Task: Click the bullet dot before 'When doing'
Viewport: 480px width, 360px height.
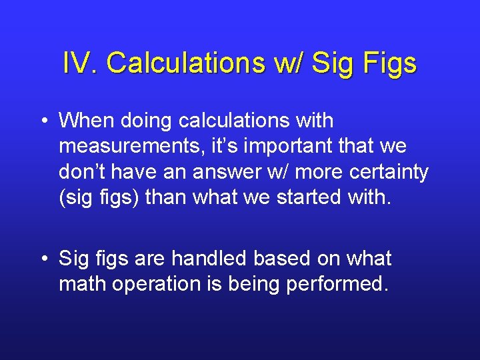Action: [x=44, y=122]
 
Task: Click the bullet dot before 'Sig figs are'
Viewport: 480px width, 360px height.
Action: [x=44, y=259]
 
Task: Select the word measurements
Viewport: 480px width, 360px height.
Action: [x=121, y=146]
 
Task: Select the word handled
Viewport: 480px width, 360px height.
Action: [x=214, y=259]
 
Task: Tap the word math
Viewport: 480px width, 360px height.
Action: [x=83, y=284]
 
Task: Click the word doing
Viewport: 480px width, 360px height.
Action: [x=147, y=122]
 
